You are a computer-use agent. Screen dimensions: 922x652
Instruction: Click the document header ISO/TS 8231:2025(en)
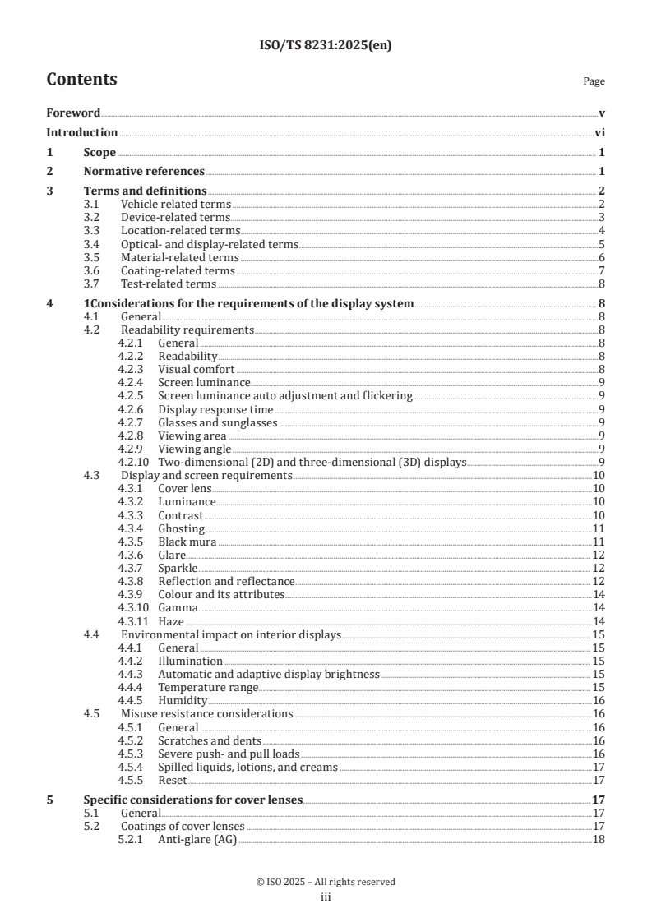click(x=326, y=46)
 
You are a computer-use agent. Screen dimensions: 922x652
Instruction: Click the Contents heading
click(x=81, y=80)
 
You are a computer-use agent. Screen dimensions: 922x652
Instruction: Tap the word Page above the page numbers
click(x=594, y=81)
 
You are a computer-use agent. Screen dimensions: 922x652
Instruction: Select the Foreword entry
click(x=73, y=113)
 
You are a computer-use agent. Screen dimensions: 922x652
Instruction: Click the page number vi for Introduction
click(x=599, y=132)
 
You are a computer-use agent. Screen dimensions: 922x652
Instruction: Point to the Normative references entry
click(x=144, y=172)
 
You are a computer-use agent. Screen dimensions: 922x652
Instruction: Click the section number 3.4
click(x=93, y=244)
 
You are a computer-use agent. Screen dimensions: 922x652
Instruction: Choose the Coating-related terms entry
click(x=178, y=270)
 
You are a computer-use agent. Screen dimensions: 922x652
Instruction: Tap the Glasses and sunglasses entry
click(x=217, y=422)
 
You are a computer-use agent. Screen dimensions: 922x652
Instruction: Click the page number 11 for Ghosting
click(x=599, y=528)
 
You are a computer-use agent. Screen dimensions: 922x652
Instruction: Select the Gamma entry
click(x=178, y=608)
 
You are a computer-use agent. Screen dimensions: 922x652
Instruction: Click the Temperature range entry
click(x=208, y=687)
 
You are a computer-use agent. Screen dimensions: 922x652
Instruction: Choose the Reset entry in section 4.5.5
click(x=172, y=780)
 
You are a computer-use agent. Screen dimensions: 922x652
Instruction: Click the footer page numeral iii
click(x=326, y=897)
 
